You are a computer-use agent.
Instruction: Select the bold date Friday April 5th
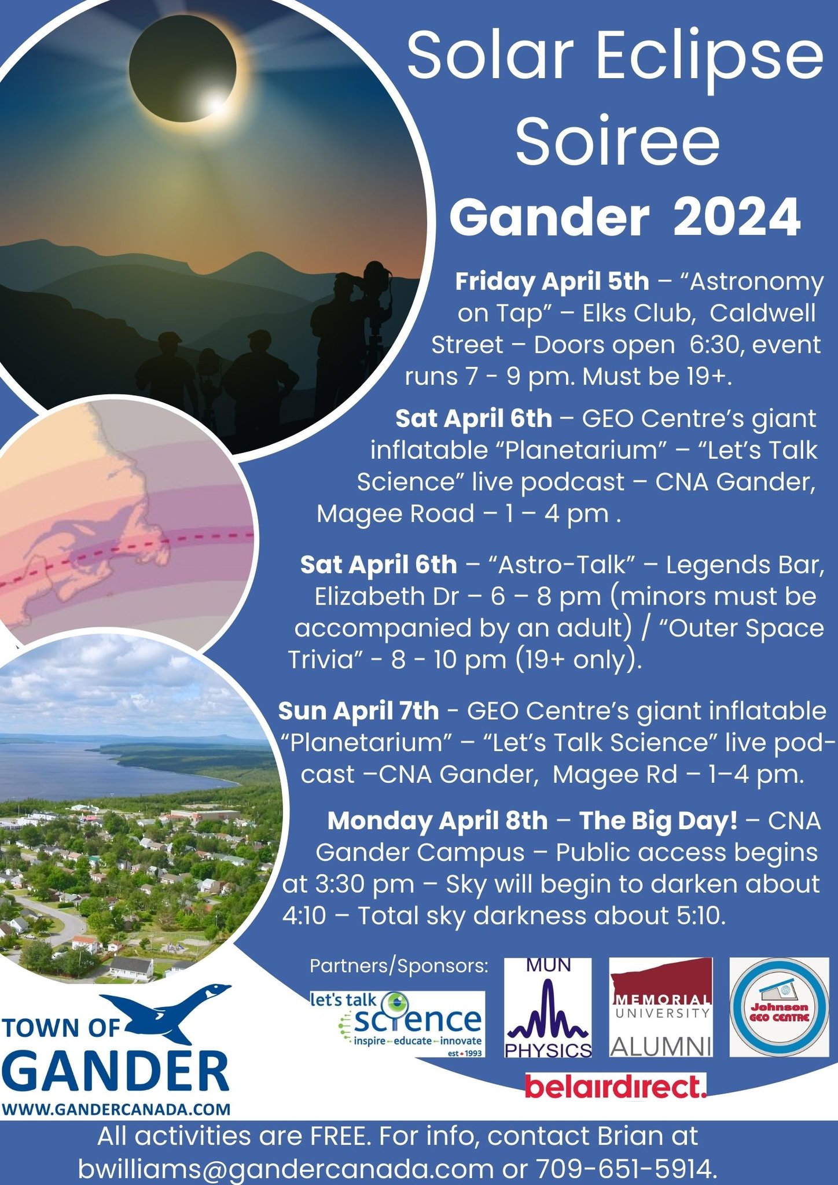pos(552,282)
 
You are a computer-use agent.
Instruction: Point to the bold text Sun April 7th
pos(358,711)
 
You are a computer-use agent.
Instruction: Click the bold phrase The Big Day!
pos(659,820)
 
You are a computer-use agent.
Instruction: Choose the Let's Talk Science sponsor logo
pos(397,1025)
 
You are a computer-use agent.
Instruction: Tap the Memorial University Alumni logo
pos(661,1007)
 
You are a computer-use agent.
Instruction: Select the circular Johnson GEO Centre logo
pos(779,1007)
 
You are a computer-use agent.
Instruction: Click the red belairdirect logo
pos(615,1086)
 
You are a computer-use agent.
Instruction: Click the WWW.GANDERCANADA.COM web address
pos(116,1109)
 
